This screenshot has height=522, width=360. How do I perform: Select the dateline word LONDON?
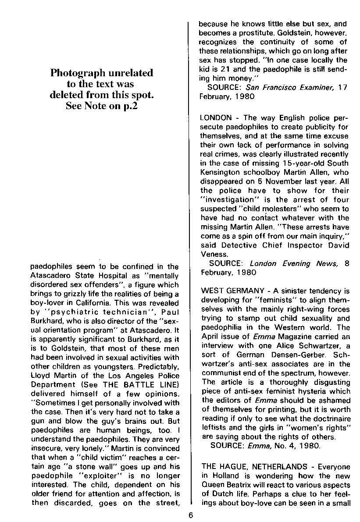coord(215,118)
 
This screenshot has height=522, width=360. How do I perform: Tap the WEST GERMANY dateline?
coord(232,291)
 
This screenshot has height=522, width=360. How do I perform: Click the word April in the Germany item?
coord(209,336)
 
